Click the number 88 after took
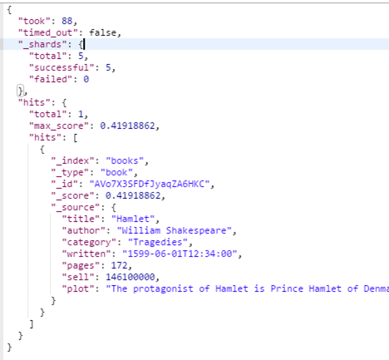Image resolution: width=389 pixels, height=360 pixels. (x=67, y=21)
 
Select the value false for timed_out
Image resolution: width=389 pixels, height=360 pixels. (x=102, y=32)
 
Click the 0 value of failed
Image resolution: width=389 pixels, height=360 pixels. (x=86, y=79)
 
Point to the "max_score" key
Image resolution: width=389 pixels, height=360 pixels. (x=59, y=126)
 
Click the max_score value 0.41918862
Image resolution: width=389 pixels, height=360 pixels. (x=127, y=126)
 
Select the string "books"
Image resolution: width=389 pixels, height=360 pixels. (x=125, y=160)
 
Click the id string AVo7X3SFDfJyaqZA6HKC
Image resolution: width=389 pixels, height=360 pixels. (x=150, y=184)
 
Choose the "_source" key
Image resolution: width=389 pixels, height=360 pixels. (x=76, y=207)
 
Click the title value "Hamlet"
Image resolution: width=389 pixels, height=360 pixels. (x=133, y=219)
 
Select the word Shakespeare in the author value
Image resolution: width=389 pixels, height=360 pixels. (x=196, y=230)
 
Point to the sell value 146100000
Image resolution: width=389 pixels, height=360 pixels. (x=130, y=277)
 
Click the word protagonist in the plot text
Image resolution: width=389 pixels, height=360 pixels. (x=163, y=288)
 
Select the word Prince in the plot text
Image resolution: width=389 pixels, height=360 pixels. (x=287, y=288)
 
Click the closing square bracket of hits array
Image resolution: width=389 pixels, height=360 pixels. (x=32, y=324)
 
